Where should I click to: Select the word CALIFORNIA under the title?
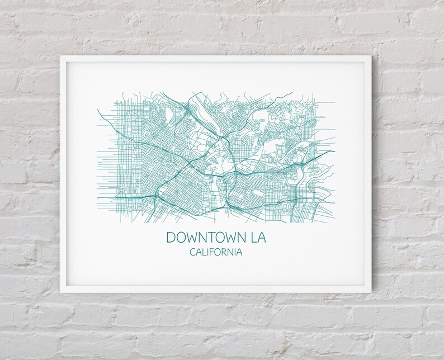(x=216, y=253)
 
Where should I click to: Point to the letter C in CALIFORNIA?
(x=193, y=253)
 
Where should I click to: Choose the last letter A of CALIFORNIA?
(x=239, y=253)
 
